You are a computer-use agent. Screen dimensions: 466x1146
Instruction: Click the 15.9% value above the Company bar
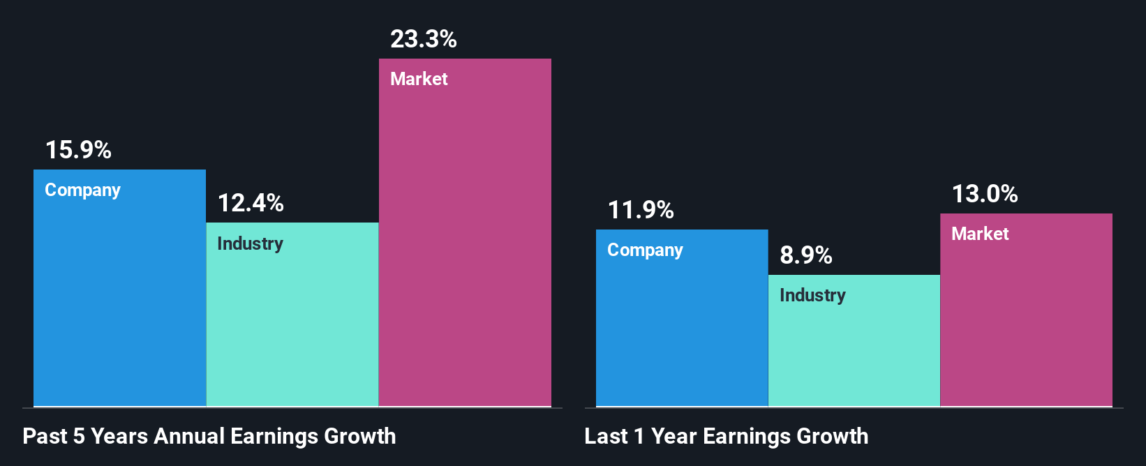78,150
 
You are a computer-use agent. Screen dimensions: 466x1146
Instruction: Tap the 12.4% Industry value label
251,203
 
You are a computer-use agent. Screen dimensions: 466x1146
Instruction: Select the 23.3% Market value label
423,39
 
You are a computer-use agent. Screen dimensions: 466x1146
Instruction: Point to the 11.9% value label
641,210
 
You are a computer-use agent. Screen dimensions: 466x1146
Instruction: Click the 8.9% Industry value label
806,255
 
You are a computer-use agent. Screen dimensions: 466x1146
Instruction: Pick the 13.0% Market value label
985,194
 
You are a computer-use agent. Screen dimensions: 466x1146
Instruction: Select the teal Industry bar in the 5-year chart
292,328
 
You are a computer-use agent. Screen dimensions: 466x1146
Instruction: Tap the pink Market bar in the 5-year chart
465,244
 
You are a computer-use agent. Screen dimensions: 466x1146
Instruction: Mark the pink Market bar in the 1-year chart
1026,321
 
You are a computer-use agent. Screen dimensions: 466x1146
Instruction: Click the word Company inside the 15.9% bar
82,190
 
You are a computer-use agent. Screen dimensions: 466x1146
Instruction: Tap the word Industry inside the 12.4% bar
250,243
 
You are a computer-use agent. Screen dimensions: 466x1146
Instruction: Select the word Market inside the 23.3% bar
419,79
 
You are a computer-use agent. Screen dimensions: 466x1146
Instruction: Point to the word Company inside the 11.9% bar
645,250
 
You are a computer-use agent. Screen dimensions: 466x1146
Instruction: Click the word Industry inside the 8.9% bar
812,295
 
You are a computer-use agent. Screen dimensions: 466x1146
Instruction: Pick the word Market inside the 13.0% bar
980,234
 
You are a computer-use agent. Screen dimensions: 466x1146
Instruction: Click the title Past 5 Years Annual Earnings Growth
209,436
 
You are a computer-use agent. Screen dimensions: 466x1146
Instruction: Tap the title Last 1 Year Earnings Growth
727,436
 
